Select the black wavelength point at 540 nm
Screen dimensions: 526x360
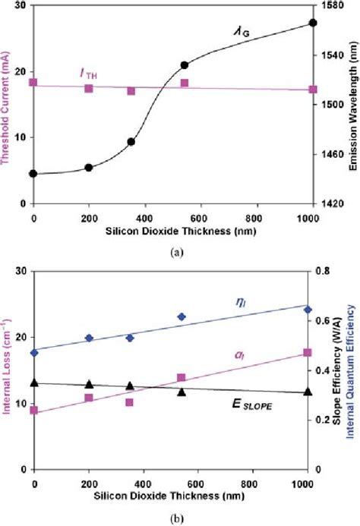tap(184, 65)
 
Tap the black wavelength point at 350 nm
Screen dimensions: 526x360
tap(131, 141)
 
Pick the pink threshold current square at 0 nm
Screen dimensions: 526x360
tap(33, 82)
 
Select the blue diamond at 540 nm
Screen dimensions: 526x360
tap(182, 317)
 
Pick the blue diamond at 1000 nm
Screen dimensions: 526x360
tap(308, 310)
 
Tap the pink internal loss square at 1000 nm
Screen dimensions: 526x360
tap(308, 353)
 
